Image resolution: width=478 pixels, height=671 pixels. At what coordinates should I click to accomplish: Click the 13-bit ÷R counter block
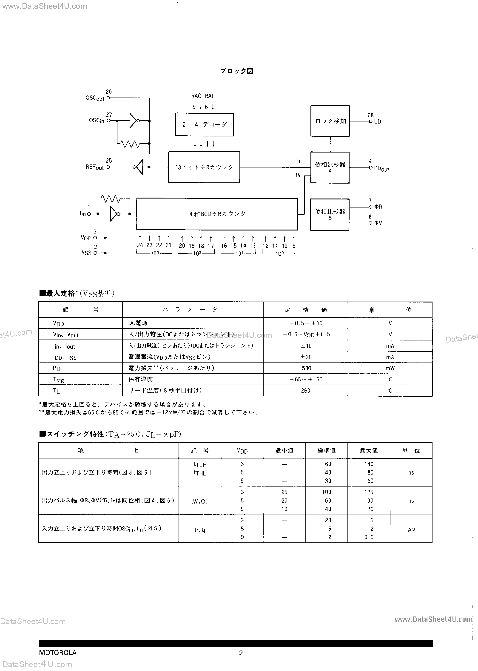coord(204,167)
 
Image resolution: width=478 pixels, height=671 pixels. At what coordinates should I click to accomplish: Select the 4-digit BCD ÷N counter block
coord(217,214)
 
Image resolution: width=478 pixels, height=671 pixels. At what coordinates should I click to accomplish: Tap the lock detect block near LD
coord(330,121)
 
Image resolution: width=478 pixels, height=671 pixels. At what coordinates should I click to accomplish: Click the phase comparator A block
coord(330,167)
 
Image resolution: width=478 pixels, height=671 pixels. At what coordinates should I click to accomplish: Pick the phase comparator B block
coord(330,214)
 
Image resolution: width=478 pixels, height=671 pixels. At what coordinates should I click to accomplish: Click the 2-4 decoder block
coord(204,124)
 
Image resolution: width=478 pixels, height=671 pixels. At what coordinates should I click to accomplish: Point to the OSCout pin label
coord(95,98)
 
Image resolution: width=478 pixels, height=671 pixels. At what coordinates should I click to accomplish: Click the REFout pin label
coord(94,167)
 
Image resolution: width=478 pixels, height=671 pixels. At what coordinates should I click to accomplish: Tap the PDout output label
coord(381,169)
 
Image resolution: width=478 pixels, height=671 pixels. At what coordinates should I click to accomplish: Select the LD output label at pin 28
coord(377,121)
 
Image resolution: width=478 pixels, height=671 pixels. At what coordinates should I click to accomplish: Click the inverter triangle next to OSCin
coord(133,121)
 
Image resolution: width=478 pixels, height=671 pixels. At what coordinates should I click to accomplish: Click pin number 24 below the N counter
coord(140,245)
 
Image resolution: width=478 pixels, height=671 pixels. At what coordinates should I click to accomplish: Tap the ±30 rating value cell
coord(306,357)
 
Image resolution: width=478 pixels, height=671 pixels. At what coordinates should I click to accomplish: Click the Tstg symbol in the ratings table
coord(58,379)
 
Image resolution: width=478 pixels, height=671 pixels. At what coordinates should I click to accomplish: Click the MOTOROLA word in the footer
coord(58,652)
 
